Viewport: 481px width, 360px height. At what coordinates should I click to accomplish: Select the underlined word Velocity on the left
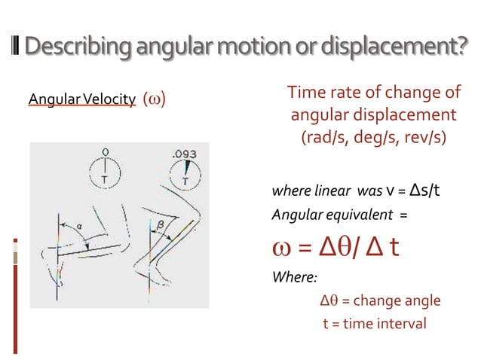(x=109, y=100)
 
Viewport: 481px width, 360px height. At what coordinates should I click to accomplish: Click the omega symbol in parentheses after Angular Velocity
(x=154, y=100)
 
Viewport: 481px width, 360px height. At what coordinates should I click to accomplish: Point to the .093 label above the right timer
(x=184, y=154)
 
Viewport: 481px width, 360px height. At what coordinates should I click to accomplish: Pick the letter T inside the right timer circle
(x=185, y=182)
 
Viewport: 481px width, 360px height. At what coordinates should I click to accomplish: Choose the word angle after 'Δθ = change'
(x=423, y=301)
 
